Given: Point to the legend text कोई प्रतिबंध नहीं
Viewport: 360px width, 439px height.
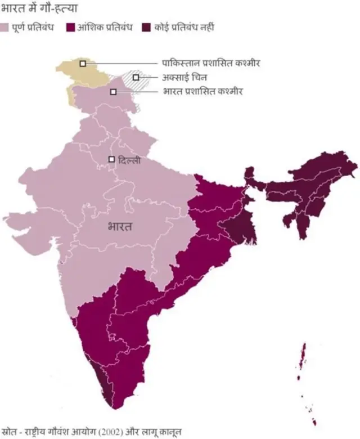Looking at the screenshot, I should pos(186,27).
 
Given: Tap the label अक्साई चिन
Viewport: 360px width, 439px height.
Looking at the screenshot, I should pos(181,77).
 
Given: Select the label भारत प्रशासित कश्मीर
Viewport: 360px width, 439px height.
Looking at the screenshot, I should pos(202,91).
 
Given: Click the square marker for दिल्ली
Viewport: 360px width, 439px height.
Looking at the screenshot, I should pos(111,159).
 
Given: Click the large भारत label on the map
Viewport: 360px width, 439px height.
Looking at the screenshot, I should pos(119,227).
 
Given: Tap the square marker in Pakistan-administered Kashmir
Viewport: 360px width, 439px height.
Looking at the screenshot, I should pos(83,64).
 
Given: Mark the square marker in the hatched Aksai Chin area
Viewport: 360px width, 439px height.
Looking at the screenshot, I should pos(136,77).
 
